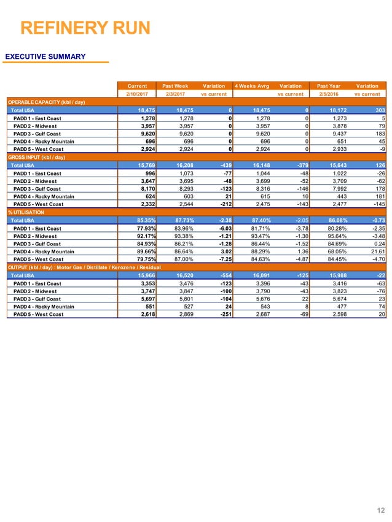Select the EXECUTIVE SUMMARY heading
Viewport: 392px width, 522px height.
pyautogui.click(x=45, y=57)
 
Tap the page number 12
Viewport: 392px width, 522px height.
pyautogui.click(x=379, y=510)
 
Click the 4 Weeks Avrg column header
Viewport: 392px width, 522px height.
pyautogui.click(x=251, y=86)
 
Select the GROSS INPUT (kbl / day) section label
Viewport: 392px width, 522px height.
pyautogui.click(x=43, y=158)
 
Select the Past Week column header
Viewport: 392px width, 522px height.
pyautogui.click(x=175, y=86)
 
